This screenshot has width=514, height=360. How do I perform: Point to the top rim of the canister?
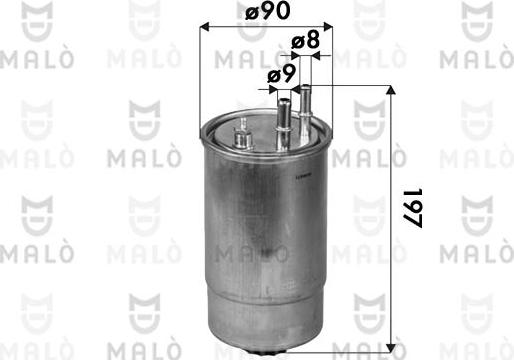(x=265, y=128)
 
